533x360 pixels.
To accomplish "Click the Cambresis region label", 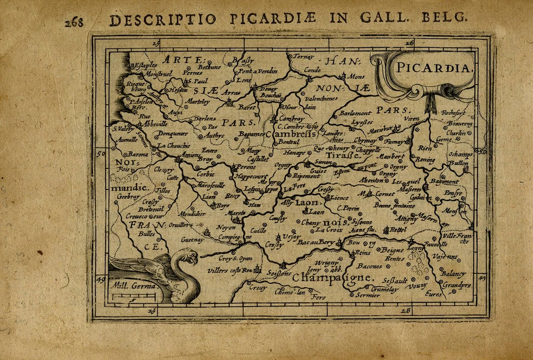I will click(291, 134).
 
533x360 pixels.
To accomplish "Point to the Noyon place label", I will click(225, 228).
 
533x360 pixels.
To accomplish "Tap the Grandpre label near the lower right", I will click(457, 285).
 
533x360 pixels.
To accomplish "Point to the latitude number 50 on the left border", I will click(100, 153).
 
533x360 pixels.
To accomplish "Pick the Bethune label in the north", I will click(210, 67).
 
